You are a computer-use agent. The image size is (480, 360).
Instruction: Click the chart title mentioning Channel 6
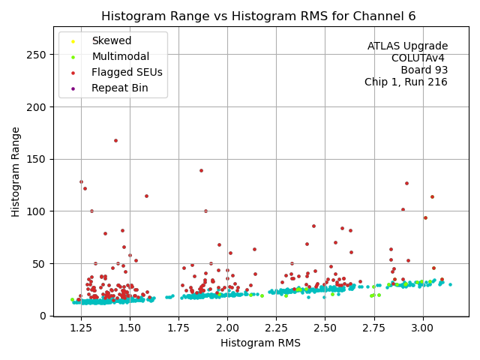[258, 16]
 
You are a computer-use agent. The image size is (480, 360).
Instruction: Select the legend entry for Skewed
[111, 40]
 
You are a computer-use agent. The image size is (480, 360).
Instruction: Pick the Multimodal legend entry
[119, 56]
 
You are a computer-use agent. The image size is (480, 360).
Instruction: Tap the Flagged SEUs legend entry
[127, 72]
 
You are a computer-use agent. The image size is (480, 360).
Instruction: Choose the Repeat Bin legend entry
[119, 88]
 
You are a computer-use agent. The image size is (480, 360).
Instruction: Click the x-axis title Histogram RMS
[260, 343]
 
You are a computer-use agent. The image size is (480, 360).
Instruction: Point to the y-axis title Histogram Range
[16, 172]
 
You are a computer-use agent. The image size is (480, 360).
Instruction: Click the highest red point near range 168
[115, 140]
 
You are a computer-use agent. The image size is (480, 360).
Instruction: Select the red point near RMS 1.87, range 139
[201, 170]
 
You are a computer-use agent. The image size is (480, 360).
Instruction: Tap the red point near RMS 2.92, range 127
[406, 183]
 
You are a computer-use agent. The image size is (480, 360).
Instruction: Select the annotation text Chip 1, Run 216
[406, 82]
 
